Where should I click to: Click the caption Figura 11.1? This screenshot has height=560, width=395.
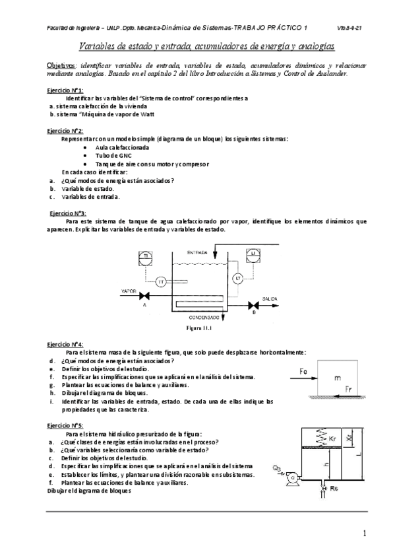(197, 326)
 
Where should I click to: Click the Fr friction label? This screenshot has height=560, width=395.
(349, 390)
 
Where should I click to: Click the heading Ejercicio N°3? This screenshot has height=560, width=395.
(69, 213)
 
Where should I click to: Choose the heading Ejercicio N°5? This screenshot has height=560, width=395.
(65, 426)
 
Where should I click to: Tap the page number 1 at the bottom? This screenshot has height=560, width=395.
(365, 532)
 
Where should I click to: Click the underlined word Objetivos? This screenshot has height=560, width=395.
(61, 66)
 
